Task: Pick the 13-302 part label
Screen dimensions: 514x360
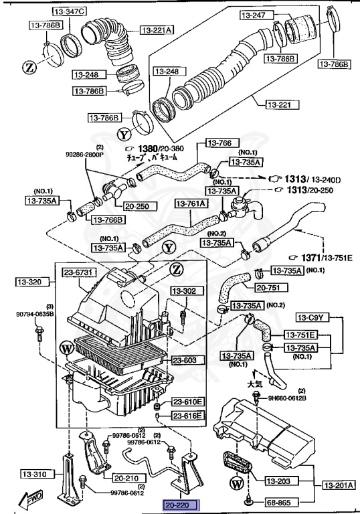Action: click(x=184, y=291)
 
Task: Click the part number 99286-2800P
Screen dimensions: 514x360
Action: click(x=85, y=153)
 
